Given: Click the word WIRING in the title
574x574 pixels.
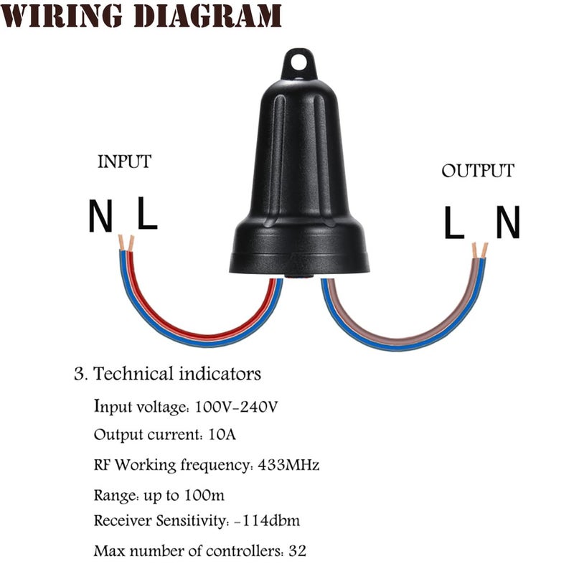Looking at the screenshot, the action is tap(61, 16).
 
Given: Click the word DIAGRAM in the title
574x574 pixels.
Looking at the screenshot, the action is tap(207, 16).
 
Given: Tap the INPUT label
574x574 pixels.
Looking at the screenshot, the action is tap(124, 162).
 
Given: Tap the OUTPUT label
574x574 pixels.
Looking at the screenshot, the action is tap(478, 171).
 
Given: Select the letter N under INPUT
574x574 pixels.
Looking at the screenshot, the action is tap(100, 216).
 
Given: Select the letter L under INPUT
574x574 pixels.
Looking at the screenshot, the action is tap(147, 213).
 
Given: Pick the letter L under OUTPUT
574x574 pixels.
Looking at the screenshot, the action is tap(454, 222).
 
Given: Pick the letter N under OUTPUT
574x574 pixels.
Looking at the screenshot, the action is tap(508, 222).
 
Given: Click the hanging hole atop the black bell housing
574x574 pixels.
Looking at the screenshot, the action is tap(299, 62).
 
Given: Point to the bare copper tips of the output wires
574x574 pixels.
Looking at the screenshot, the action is tap(479, 250).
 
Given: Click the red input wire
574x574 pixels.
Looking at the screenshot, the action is tap(205, 335).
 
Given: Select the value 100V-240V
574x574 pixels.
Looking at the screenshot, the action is tap(236, 407).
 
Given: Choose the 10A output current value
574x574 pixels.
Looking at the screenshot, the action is tap(222, 435).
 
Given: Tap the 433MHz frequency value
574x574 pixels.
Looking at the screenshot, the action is tap(288, 465).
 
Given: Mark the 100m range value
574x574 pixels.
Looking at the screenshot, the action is tap(204, 495).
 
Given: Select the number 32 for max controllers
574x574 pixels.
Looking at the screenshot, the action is tap(297, 550).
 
